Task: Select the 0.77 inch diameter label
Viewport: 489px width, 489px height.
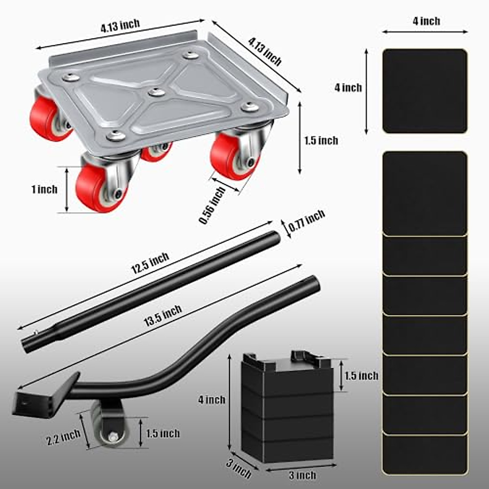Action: (306, 221)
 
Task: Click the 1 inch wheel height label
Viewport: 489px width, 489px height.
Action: (44, 189)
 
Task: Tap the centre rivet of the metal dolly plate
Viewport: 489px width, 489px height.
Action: (156, 93)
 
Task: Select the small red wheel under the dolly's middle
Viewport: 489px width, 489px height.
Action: (156, 152)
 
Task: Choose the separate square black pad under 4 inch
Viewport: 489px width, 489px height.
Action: (425, 91)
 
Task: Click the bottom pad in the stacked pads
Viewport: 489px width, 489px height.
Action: (425, 454)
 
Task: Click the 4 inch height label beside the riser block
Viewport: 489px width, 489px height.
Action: (212, 400)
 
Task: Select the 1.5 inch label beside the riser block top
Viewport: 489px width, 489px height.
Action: (361, 375)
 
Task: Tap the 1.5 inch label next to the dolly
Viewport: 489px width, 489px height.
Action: (321, 141)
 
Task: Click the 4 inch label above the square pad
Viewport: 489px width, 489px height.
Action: (426, 21)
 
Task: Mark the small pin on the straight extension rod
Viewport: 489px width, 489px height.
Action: (36, 332)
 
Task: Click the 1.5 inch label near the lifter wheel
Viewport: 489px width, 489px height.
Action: (163, 433)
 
